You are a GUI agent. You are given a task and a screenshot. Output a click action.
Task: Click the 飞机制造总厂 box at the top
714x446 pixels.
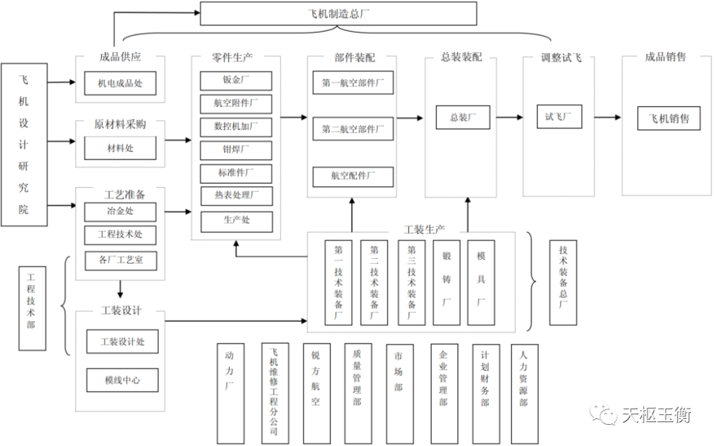coord(338,13)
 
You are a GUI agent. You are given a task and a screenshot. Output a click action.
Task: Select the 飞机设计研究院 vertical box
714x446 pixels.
coord(24,144)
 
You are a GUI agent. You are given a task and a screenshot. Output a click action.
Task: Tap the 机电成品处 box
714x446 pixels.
coord(120,83)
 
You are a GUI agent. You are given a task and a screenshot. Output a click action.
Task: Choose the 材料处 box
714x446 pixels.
coord(120,148)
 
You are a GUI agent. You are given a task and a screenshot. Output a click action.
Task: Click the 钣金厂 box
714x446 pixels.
coord(236,81)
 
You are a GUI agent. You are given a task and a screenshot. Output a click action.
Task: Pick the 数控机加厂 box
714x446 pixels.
coord(236,126)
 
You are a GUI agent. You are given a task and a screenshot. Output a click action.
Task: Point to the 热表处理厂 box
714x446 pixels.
coord(236,196)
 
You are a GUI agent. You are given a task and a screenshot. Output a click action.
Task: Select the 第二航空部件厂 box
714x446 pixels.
coord(352,129)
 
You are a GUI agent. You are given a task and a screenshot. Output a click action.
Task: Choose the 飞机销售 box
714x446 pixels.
coord(668,118)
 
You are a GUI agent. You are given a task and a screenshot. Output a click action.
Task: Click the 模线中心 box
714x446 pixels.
coord(122,380)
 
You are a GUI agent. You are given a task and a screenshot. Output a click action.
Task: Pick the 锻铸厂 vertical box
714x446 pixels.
coord(446,282)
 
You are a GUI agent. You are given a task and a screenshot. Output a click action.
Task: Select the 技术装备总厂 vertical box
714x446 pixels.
coord(563,281)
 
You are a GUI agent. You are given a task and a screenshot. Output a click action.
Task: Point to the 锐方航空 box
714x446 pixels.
coord(316,392)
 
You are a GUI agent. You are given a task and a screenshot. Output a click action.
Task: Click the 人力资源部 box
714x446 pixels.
coord(524,392)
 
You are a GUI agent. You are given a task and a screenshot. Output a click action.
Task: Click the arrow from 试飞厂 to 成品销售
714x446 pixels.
coord(608,117)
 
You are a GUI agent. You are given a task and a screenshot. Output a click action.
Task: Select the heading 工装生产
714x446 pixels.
coord(424,230)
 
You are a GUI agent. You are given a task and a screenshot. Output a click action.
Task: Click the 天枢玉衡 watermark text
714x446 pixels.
coord(655,415)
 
